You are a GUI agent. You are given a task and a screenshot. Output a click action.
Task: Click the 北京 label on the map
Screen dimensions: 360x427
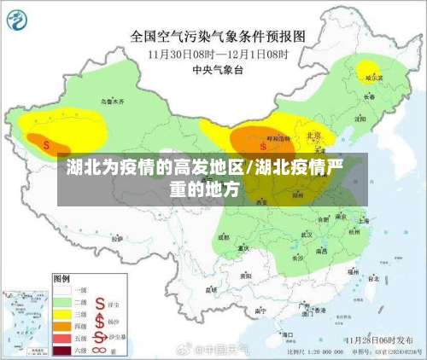313,135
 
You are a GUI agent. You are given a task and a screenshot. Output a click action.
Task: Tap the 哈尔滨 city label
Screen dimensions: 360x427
374,78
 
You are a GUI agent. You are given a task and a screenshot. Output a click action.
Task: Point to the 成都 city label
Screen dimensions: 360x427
224,238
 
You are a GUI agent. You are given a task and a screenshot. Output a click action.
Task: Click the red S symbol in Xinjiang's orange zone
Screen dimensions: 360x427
45,144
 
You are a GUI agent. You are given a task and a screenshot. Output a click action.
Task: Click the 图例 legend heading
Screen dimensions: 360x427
61,279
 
